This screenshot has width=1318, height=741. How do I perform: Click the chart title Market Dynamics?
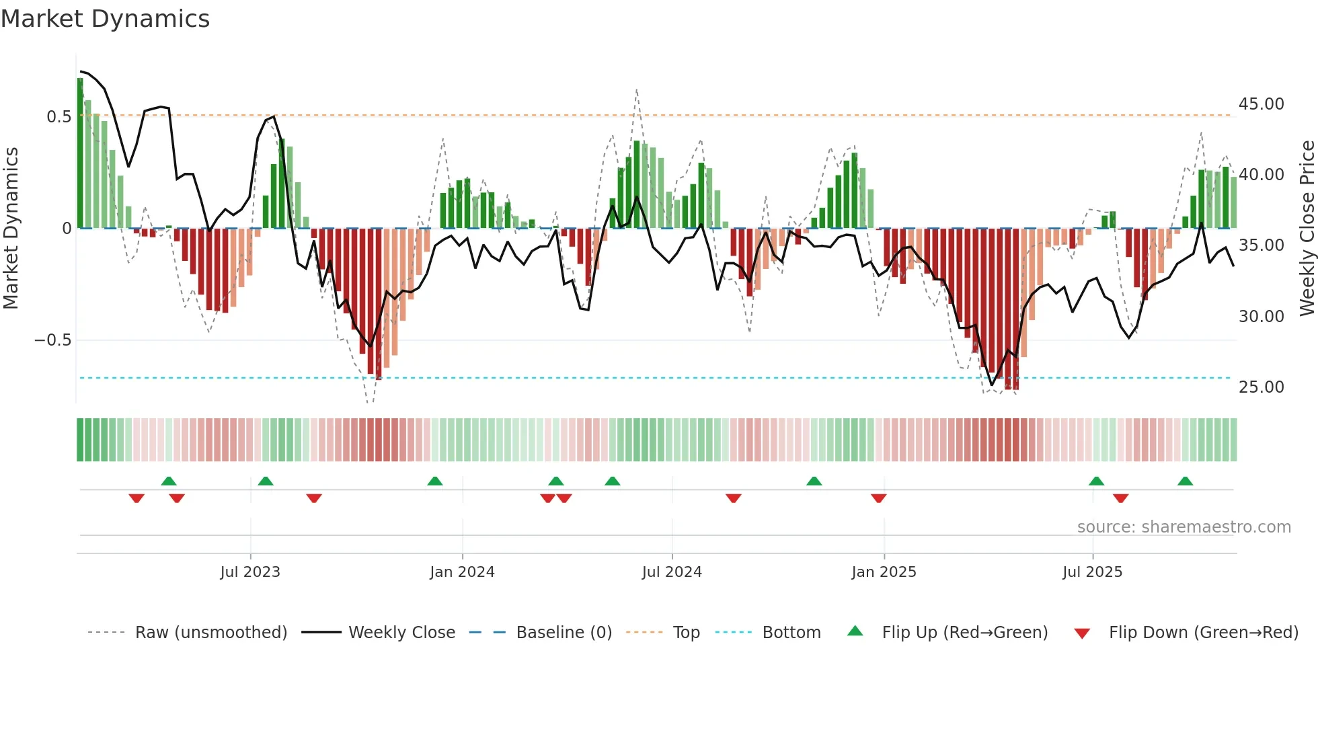[105, 19]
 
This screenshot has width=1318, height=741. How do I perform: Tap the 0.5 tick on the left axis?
[59, 117]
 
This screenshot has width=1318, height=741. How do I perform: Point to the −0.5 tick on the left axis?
[52, 340]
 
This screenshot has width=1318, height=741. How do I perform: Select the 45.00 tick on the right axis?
[1261, 104]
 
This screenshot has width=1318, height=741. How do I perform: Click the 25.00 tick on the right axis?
[1261, 387]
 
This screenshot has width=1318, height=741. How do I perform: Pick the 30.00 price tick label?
[1261, 317]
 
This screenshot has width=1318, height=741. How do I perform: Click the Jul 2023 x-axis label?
[250, 572]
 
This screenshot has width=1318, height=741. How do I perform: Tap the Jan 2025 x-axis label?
[884, 572]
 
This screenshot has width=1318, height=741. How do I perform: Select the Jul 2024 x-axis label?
[672, 572]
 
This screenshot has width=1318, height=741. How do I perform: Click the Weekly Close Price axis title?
[1307, 228]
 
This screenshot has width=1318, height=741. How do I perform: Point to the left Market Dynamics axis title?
[11, 228]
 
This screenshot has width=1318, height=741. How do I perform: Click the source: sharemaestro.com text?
[1184, 527]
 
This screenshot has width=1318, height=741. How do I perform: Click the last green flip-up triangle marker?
[1185, 481]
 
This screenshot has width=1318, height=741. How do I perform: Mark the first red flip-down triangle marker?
[137, 498]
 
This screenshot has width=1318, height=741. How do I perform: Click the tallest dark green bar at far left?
[80, 153]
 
